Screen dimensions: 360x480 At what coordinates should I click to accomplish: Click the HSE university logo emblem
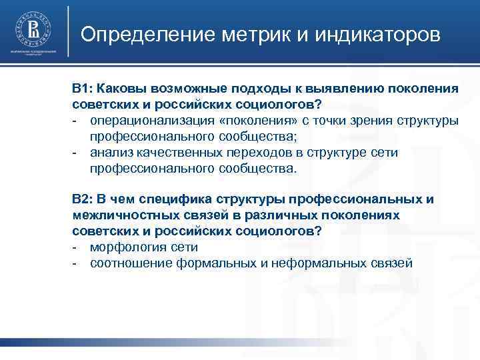[32, 30]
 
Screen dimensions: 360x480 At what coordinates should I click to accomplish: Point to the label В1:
[85, 89]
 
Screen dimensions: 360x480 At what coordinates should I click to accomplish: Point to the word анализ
[110, 153]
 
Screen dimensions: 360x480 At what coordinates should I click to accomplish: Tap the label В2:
[85, 199]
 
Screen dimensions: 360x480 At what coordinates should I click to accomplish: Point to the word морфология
[124, 247]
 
